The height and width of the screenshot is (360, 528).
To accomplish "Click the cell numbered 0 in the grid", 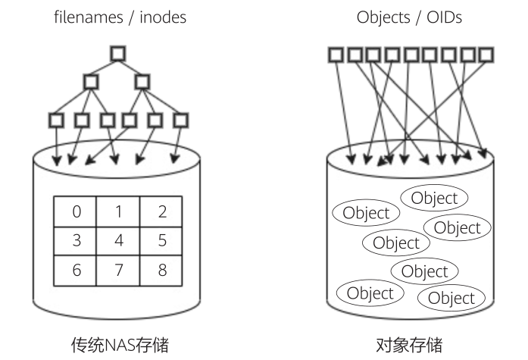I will [x=76, y=211].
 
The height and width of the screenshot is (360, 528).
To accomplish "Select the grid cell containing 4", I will [x=118, y=241].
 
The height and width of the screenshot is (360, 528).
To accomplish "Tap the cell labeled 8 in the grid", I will [x=161, y=271].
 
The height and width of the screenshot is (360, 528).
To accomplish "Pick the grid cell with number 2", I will [x=161, y=211].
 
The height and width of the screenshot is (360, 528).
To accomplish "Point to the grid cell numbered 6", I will [x=76, y=271].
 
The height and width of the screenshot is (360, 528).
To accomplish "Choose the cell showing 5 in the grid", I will [x=161, y=241].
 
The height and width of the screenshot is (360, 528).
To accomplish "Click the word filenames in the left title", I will [x=86, y=17].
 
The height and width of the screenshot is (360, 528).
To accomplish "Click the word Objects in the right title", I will [x=381, y=17].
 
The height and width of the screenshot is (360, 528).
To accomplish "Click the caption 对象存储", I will [x=409, y=346].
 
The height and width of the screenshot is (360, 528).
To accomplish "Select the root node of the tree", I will [x=117, y=54].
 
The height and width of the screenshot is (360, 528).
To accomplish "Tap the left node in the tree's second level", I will [x=92, y=81].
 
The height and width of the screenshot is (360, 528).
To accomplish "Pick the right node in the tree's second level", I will [x=143, y=81].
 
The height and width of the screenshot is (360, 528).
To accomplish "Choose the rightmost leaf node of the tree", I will [x=180, y=120].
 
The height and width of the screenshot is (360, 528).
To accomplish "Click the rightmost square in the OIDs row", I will [x=486, y=55].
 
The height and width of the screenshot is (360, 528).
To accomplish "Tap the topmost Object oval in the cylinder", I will [x=434, y=199].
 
